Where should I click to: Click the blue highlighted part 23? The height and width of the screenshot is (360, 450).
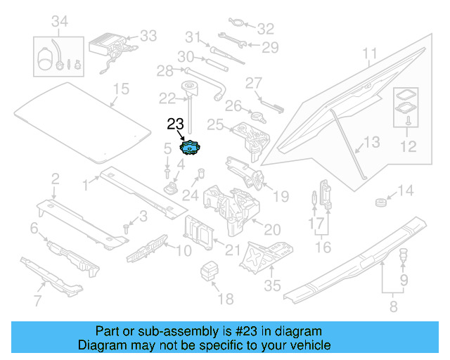pyautogui.click(x=190, y=148)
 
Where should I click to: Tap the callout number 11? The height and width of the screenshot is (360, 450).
pyautogui.click(x=370, y=53)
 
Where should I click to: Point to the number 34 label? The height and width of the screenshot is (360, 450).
pyautogui.click(x=60, y=23)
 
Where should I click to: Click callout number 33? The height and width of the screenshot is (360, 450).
pyautogui.click(x=148, y=35)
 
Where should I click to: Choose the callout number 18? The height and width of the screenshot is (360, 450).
pyautogui.click(x=225, y=300)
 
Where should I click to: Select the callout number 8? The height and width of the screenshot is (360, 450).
pyautogui.click(x=392, y=306)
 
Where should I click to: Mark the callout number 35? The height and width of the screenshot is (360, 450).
pyautogui.click(x=271, y=285)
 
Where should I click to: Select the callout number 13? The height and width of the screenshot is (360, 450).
pyautogui.click(x=371, y=143)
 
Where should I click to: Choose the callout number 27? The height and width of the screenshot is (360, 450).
pyautogui.click(x=253, y=83)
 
